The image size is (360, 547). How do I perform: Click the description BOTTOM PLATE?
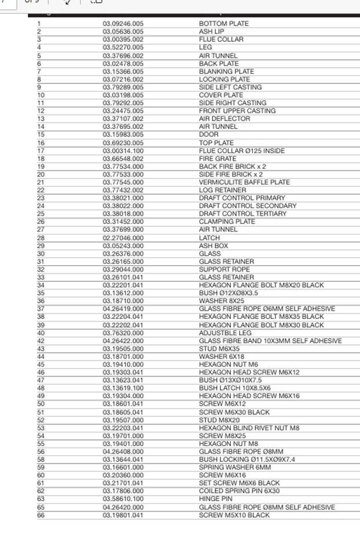click(x=223, y=24)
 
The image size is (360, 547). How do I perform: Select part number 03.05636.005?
click(x=123, y=32)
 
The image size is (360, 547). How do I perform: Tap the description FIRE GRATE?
click(x=217, y=159)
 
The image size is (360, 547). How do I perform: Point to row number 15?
click(x=41, y=134)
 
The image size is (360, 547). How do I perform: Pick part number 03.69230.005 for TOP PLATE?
click(x=123, y=143)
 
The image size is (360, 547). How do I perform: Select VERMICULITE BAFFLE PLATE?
click(x=244, y=182)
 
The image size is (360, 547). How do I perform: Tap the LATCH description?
click(x=210, y=238)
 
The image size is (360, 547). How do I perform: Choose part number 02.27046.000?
click(x=123, y=238)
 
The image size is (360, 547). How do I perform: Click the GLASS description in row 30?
click(x=209, y=254)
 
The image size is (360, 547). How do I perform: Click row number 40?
click(x=41, y=333)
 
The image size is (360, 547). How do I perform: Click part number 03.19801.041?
click(x=123, y=515)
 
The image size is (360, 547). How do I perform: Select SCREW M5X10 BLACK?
click(x=234, y=515)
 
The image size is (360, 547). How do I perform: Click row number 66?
click(x=41, y=515)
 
